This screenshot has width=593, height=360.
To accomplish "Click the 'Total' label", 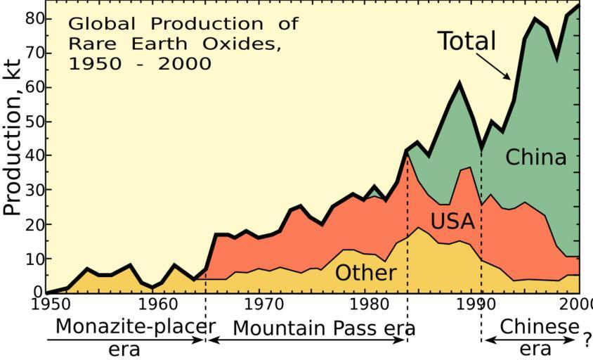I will pyautogui.click(x=467, y=41).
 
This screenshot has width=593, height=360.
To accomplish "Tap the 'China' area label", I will pyautogui.click(x=535, y=157).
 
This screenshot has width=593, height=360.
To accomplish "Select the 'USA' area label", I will pyautogui.click(x=452, y=222).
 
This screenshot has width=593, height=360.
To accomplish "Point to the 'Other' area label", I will pyautogui.click(x=365, y=272).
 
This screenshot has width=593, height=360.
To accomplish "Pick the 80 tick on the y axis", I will pyautogui.click(x=34, y=18).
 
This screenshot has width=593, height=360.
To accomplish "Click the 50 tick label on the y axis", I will pyautogui.click(x=34, y=122).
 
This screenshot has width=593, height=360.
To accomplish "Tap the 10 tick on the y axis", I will pyautogui.click(x=34, y=259).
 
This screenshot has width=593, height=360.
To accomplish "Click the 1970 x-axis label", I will pyautogui.click(x=263, y=304).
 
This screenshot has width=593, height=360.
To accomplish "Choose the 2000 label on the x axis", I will pyautogui.click(x=578, y=304).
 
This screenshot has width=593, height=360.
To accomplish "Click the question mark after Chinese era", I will pyautogui.click(x=587, y=340).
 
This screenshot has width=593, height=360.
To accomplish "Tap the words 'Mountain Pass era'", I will pyautogui.click(x=324, y=328).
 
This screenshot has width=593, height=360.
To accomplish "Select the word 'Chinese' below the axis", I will pyautogui.click(x=540, y=327).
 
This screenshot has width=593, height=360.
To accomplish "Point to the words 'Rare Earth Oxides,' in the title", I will pyautogui.click(x=174, y=43).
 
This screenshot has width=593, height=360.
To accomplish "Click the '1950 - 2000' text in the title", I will pyautogui.click(x=139, y=63).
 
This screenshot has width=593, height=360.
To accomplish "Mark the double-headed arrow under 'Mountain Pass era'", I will pyautogui.click(x=307, y=340).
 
